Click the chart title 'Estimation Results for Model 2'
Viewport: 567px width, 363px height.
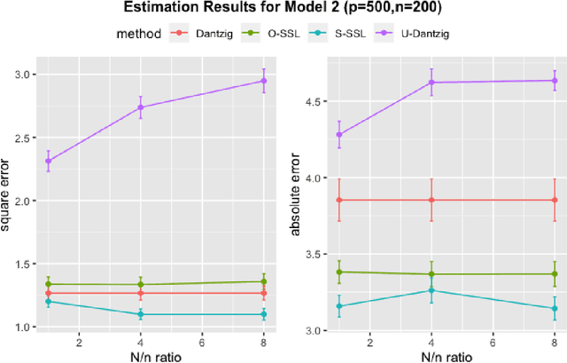click(283, 10)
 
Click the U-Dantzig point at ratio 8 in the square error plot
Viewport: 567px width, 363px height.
click(263, 81)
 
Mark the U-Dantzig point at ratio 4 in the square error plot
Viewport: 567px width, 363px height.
click(141, 107)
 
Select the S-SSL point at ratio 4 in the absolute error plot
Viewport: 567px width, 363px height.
click(431, 290)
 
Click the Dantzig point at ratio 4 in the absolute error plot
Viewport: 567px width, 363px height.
click(431, 200)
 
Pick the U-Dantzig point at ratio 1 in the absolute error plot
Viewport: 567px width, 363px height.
click(339, 135)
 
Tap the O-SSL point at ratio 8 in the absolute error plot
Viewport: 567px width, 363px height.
click(555, 274)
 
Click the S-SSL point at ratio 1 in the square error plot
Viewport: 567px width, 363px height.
click(49, 302)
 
